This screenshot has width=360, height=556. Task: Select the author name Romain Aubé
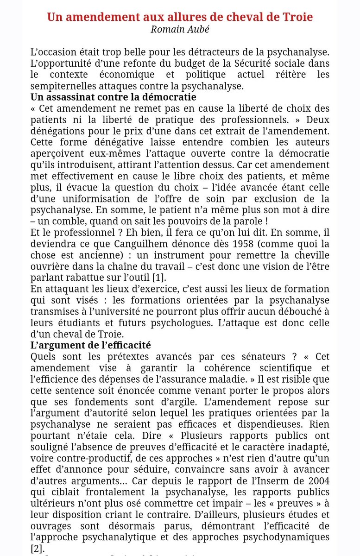(180, 30)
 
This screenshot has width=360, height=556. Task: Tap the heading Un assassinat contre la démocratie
(113, 98)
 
